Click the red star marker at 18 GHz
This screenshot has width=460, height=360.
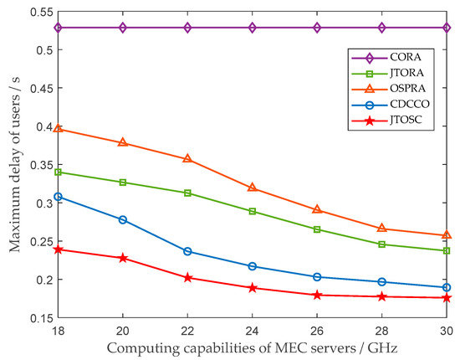(58, 249)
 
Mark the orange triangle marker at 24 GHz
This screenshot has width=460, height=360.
(253, 188)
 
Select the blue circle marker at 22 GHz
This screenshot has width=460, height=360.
(187, 251)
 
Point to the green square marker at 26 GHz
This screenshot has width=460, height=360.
(317, 229)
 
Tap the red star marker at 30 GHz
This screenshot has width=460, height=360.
(447, 297)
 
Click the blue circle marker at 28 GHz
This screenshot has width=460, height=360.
(382, 282)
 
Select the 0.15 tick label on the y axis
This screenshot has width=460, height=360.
(38, 317)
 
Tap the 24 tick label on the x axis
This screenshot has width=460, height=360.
(253, 330)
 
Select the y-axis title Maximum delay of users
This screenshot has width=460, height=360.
(13, 164)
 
